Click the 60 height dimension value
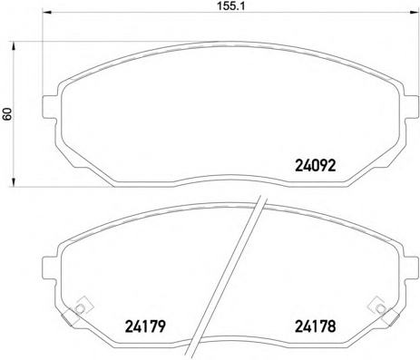click(7, 114)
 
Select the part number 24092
click(315, 166)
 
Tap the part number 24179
click(145, 326)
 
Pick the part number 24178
click(315, 326)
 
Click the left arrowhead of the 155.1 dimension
click(46, 12)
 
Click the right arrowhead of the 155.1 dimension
click(414, 12)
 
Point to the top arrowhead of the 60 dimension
click(14, 46)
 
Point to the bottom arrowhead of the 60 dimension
click(14, 182)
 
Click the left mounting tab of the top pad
click(50, 107)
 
